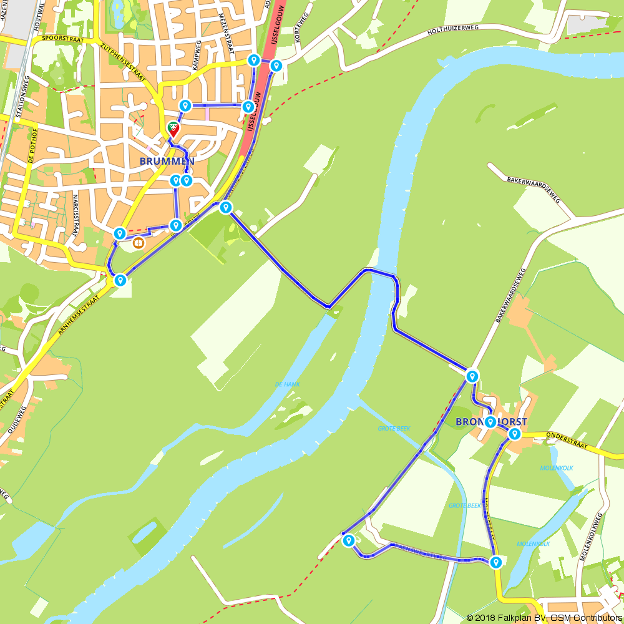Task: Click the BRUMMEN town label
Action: pyautogui.click(x=167, y=161)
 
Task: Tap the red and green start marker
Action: pyautogui.click(x=174, y=129)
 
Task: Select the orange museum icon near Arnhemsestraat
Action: pyautogui.click(x=139, y=243)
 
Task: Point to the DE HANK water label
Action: pyautogui.click(x=287, y=384)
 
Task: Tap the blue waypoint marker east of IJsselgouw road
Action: pyautogui.click(x=276, y=66)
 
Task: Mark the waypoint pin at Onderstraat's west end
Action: pyautogui.click(x=514, y=434)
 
